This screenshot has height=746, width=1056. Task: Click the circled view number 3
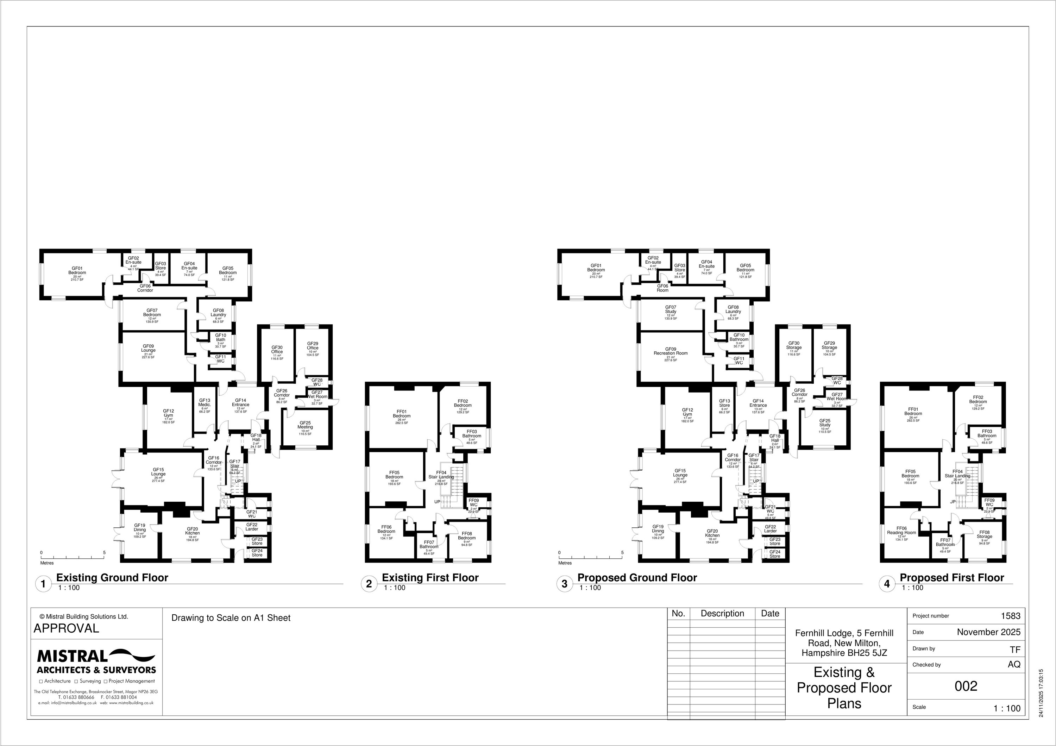coord(564,584)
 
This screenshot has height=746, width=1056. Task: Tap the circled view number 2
coord(369,584)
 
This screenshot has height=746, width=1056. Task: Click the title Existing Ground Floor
coord(112,578)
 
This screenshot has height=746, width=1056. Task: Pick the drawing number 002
coord(966,686)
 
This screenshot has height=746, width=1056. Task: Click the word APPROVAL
coord(66,628)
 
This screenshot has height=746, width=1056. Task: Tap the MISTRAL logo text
coord(72,656)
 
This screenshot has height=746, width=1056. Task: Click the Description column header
coord(722,614)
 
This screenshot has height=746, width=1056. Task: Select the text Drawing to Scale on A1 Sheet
coord(231,618)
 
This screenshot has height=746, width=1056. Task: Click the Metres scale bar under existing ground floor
coord(73,557)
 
